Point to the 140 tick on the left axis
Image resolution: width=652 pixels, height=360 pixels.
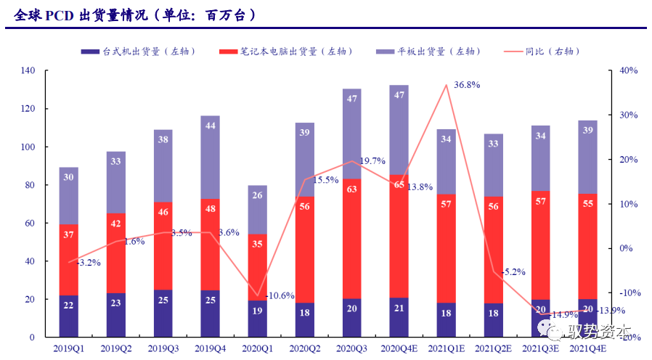tap(28, 71)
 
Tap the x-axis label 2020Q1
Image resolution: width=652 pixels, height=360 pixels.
tap(258, 349)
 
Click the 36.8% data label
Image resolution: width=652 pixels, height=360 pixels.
tap(467, 85)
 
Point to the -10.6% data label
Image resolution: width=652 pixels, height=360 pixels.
tap(280, 296)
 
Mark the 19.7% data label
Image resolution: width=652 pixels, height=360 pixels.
tap(372, 161)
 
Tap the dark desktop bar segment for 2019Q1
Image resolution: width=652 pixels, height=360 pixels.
tap(69, 316)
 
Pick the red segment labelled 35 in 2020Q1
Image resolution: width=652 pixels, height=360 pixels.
tap(258, 267)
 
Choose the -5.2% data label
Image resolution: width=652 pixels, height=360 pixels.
tap(513, 272)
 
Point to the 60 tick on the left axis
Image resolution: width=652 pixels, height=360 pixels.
tap(30, 223)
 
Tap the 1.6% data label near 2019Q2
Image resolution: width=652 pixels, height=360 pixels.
tap(135, 241)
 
